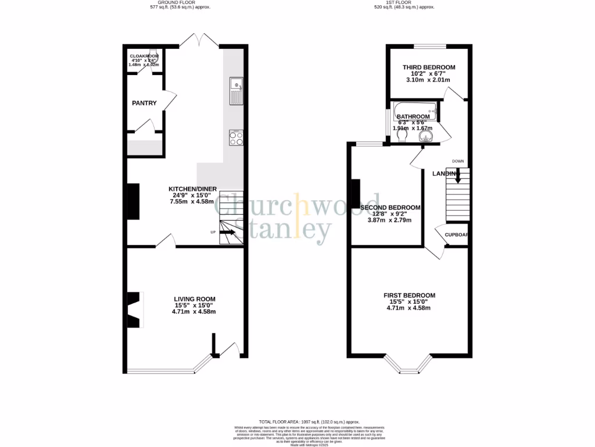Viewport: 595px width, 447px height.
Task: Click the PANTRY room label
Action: click(144, 103)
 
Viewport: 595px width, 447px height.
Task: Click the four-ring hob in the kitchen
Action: click(236, 138)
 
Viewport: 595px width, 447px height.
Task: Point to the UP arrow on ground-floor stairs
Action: click(227, 233)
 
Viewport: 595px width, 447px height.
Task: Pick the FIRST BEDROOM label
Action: click(409, 296)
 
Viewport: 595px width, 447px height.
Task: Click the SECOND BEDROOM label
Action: click(390, 208)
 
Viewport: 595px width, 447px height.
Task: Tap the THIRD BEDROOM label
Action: click(429, 68)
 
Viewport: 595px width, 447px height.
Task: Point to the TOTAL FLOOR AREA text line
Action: click(309, 421)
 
